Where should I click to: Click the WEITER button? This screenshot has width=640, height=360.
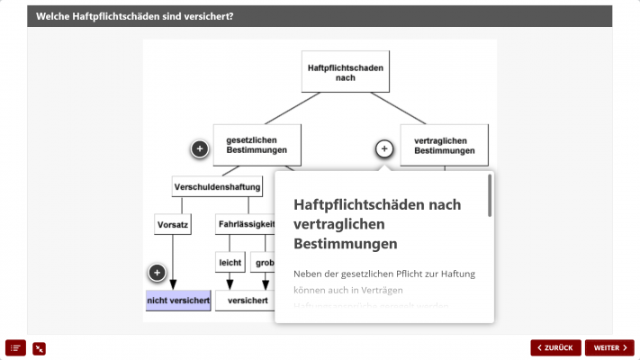click(609, 348)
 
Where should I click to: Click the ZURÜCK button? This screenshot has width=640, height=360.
click(555, 348)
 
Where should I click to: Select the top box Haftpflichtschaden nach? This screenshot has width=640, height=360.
click(345, 72)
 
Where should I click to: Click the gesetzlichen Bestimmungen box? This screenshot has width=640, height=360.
click(257, 145)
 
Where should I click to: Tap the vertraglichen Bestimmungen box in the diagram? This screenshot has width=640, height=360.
click(444, 145)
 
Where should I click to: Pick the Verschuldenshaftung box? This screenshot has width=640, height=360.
click(217, 187)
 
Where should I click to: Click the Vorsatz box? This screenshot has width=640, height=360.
click(171, 225)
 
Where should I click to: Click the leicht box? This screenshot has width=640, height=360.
click(230, 263)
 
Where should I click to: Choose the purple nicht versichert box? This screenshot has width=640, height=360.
click(178, 301)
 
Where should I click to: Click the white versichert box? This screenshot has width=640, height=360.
click(247, 301)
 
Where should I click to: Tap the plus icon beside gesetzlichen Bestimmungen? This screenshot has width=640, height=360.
click(200, 148)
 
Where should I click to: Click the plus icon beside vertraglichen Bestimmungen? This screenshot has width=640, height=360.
click(383, 148)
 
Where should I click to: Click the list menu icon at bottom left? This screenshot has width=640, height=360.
click(16, 347)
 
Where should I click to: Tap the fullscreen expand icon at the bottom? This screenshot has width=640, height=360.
click(39, 348)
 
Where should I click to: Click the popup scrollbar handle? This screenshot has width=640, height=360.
click(490, 196)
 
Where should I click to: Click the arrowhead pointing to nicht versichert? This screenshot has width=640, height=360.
click(171, 286)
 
